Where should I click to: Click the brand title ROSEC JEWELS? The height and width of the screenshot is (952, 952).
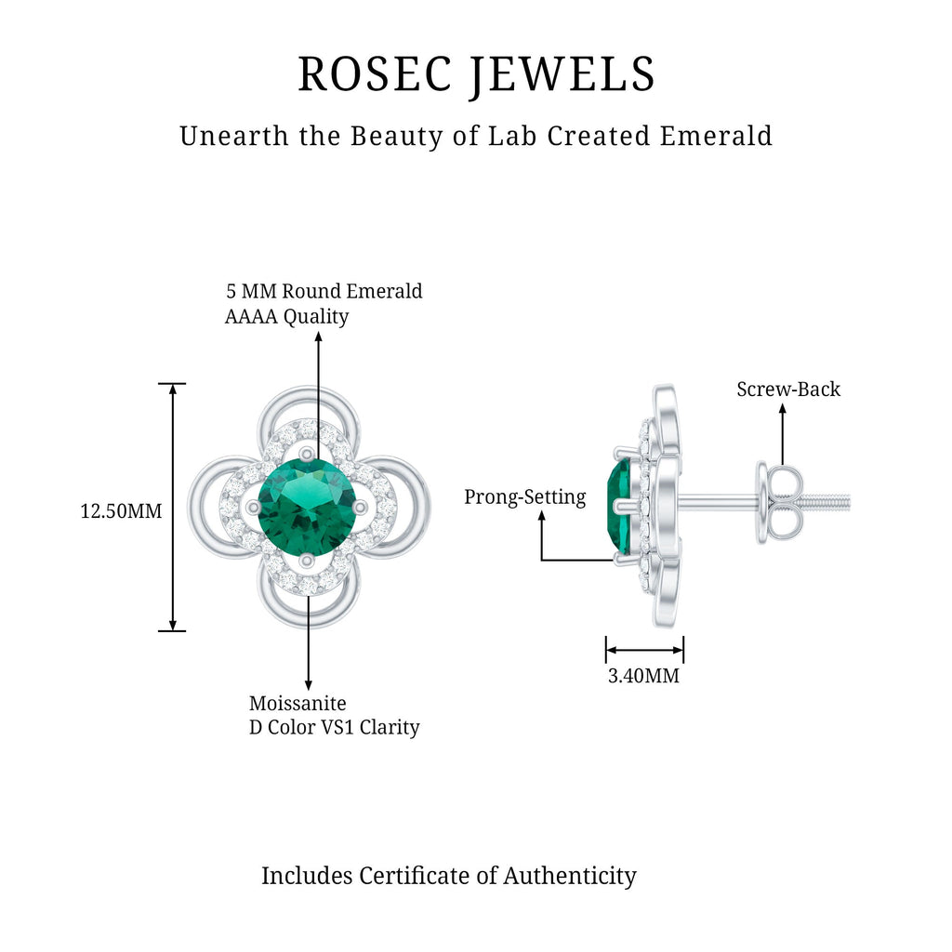tap(476, 74)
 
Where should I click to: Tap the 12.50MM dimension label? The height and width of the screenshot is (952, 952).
tap(121, 510)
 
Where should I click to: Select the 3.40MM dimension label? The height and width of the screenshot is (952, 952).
tap(643, 676)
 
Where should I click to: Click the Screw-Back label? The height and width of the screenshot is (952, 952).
tap(788, 390)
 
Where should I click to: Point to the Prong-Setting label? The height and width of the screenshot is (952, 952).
tap(525, 497)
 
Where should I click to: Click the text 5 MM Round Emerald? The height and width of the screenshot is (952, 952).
tap(324, 291)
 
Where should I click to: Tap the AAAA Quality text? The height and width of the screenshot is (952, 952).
tap(286, 317)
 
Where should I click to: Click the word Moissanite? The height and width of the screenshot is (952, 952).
tap(297, 703)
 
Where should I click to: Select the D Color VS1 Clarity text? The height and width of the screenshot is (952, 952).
tap(334, 727)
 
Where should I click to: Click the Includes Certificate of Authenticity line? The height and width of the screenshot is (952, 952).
tap(448, 875)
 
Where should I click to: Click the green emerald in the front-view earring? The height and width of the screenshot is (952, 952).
tap(307, 508)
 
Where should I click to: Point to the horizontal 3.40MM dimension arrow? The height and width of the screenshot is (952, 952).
tap(644, 650)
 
